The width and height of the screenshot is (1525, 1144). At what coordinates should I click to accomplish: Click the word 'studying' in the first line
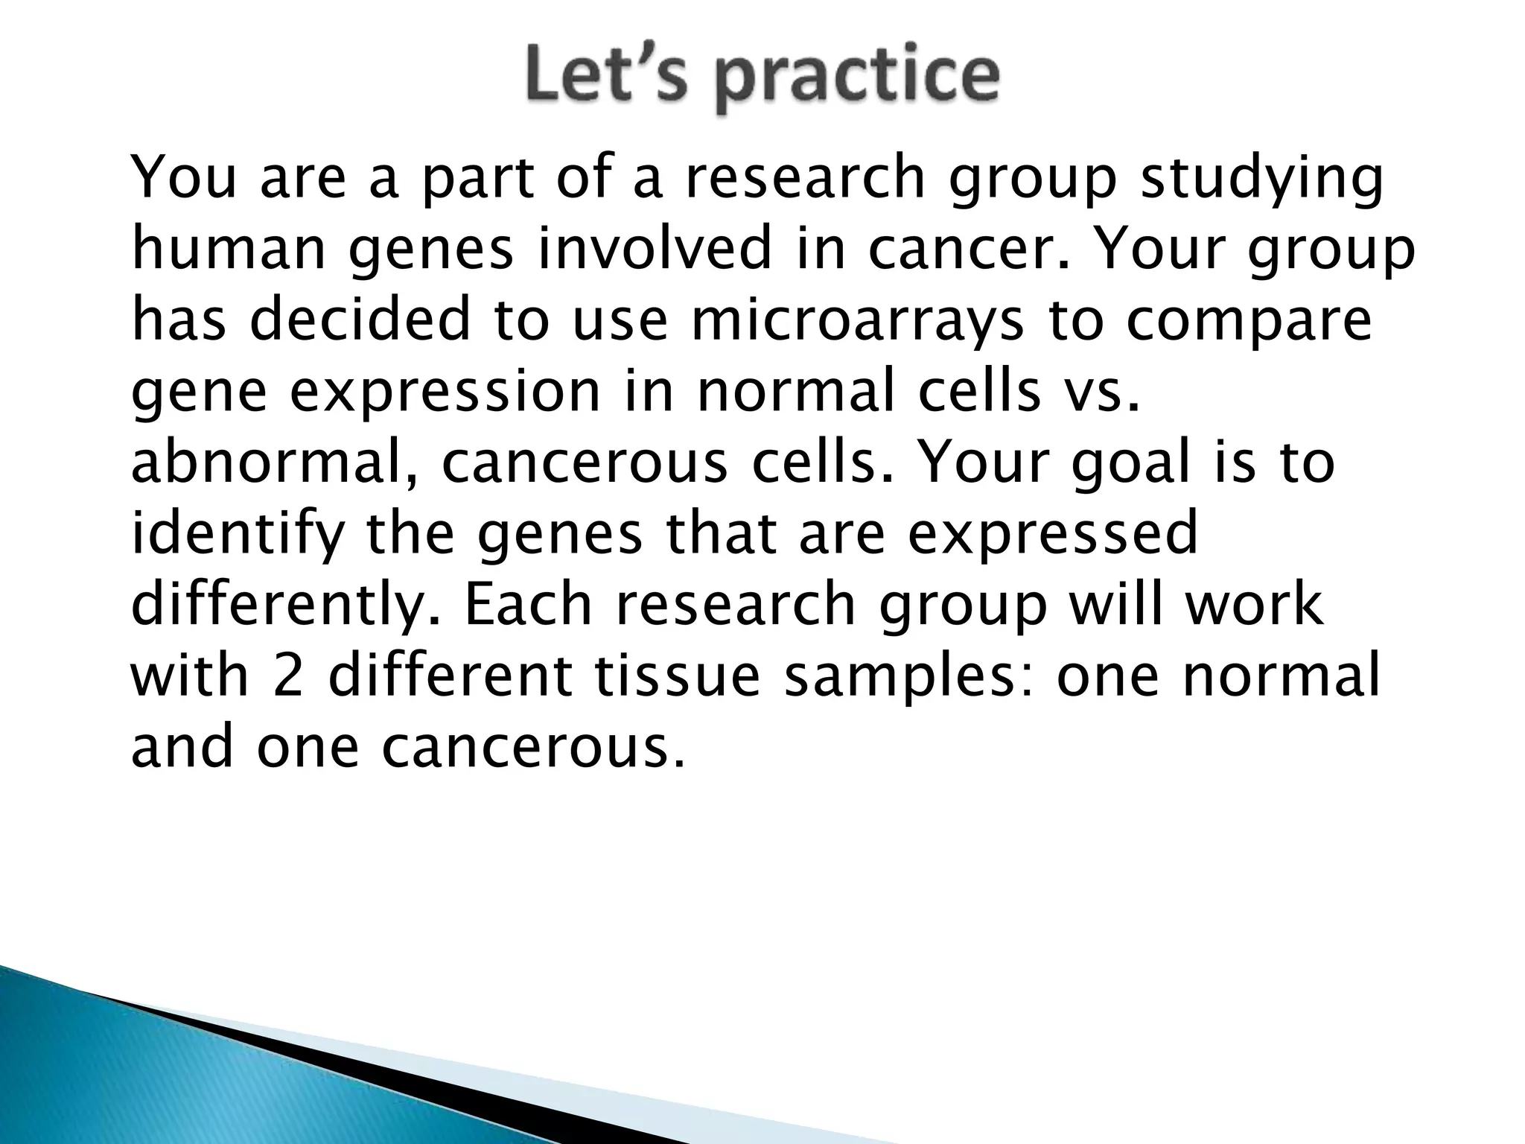pyautogui.click(x=1262, y=179)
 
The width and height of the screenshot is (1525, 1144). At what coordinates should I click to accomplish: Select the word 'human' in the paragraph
pyautogui.click(x=228, y=250)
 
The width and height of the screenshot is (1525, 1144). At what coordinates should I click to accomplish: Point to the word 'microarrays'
pyautogui.click(x=856, y=321)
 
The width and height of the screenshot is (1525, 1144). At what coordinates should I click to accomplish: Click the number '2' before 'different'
pyautogui.click(x=288, y=676)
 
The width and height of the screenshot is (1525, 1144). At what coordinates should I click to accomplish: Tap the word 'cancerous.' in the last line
pyautogui.click(x=532, y=747)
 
